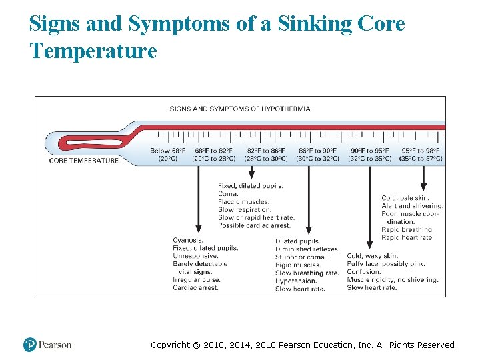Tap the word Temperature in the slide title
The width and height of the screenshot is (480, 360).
pos(93,50)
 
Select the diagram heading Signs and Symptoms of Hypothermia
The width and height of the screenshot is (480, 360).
pos(239,109)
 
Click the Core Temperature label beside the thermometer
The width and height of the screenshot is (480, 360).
pos(84,160)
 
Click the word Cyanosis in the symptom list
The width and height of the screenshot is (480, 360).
pos(188,240)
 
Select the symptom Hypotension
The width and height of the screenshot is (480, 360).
pos(296,281)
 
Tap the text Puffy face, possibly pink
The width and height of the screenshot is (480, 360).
pos(386,264)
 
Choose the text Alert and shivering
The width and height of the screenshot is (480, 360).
pos(412,206)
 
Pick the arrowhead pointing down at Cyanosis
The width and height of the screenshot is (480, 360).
pos(198,228)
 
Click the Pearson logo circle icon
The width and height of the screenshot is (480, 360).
pos(29,345)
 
